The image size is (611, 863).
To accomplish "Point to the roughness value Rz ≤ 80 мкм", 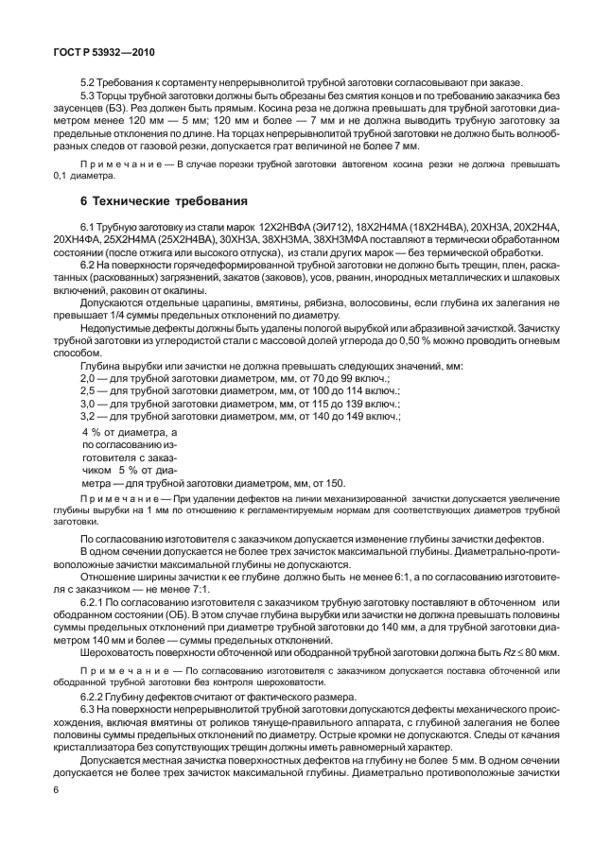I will (520, 653).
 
